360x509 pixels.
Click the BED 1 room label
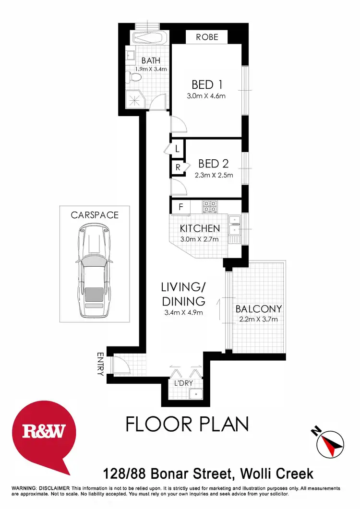[x=207, y=85]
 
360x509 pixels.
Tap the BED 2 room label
[x=214, y=165]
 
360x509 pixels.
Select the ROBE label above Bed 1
[x=207, y=37]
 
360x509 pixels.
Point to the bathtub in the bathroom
[x=149, y=36]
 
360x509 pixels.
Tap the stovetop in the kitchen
[x=209, y=206]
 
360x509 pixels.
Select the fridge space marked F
[x=180, y=207]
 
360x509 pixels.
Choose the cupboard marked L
[x=177, y=149]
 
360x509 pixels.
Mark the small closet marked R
[x=178, y=167]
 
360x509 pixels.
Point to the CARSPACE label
[x=95, y=215]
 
